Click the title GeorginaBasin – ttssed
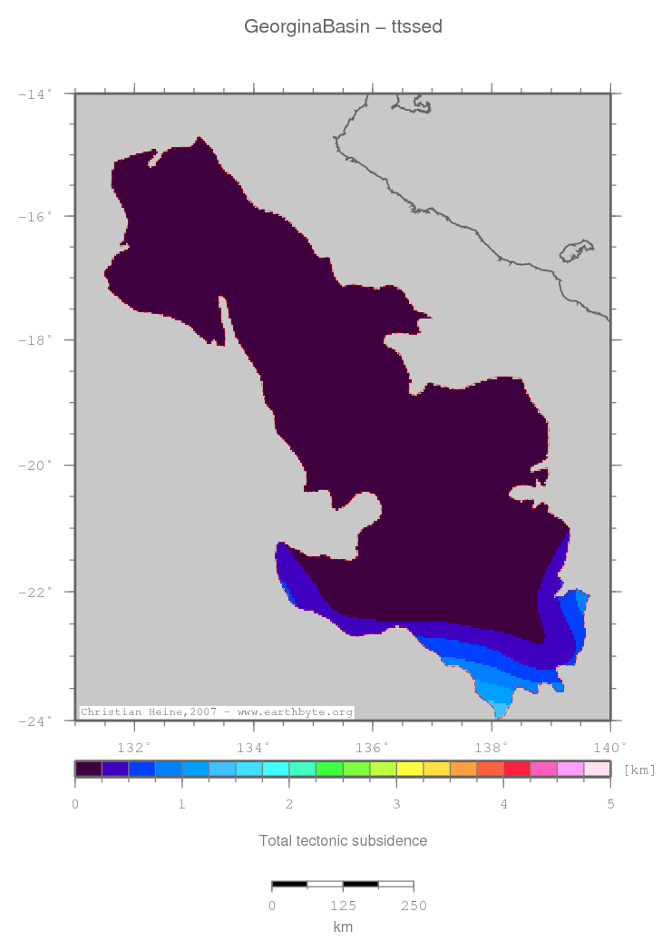(x=343, y=27)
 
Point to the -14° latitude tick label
(x=35, y=93)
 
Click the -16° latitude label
(x=35, y=217)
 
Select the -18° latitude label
(x=35, y=341)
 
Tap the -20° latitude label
(x=35, y=466)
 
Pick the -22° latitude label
(x=35, y=592)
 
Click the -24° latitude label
(x=35, y=721)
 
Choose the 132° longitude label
(x=136, y=748)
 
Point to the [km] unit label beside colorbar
(x=639, y=770)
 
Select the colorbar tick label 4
(x=504, y=805)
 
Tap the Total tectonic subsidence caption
(x=343, y=840)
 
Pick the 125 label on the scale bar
(x=343, y=906)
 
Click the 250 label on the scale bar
(x=414, y=906)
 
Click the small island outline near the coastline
(x=577, y=250)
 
